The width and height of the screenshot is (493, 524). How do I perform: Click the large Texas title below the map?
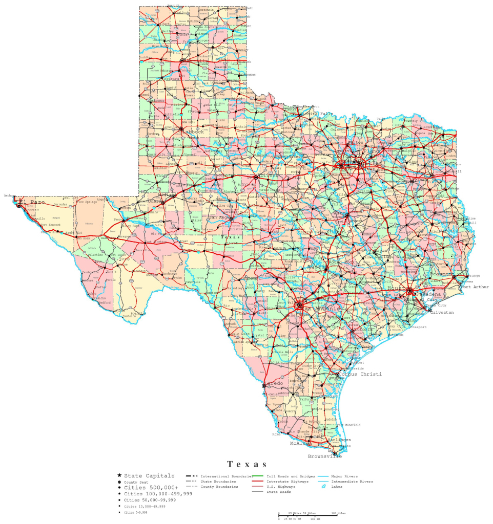pos(247,464)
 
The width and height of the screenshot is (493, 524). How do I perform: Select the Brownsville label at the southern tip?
pos(324,456)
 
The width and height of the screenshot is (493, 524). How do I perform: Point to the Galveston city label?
pos(442,312)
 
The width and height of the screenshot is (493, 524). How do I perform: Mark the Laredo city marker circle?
pos(264,385)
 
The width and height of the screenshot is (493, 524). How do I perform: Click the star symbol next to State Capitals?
pos(119,476)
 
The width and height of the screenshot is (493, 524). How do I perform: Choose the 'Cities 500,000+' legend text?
pos(151,487)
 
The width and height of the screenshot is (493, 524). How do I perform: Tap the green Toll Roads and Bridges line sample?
pos(259,476)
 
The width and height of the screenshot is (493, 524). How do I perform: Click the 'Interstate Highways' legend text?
pos(287,482)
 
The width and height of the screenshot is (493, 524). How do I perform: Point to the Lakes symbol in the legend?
pos(323,487)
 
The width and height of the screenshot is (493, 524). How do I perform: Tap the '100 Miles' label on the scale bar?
pos(338,513)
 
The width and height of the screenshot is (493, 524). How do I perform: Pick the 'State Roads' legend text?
pos(279,491)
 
